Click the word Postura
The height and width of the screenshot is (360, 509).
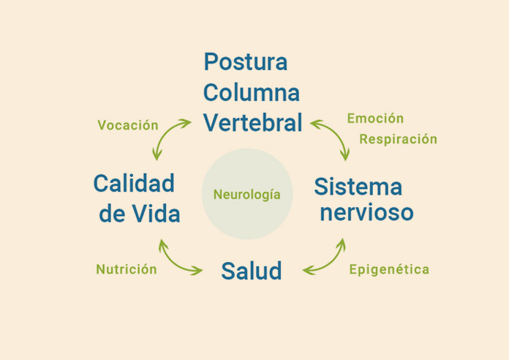pyautogui.click(x=246, y=61)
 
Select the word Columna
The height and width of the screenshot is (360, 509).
pyautogui.click(x=252, y=93)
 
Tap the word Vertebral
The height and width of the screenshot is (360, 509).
pyautogui.click(x=252, y=122)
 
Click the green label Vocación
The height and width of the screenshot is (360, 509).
pyautogui.click(x=128, y=125)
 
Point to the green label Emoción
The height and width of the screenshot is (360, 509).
pyautogui.click(x=375, y=119)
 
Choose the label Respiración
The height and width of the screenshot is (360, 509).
pyautogui.click(x=398, y=139)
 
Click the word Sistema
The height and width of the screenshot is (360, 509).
pyautogui.click(x=358, y=187)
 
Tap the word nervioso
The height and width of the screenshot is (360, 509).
pyautogui.click(x=366, y=213)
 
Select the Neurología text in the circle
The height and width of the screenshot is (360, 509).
pyautogui.click(x=247, y=195)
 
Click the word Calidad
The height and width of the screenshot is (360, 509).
pyautogui.click(x=134, y=183)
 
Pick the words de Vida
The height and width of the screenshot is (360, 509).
pyautogui.click(x=140, y=214)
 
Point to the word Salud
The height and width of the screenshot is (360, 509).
pyautogui.click(x=252, y=271)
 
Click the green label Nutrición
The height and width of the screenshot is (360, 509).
pyautogui.click(x=127, y=269)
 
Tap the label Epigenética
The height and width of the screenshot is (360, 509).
pyautogui.click(x=389, y=269)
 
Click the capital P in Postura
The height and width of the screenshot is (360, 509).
pyautogui.click(x=212, y=61)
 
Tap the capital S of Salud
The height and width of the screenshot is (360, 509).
pyautogui.click(x=228, y=271)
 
